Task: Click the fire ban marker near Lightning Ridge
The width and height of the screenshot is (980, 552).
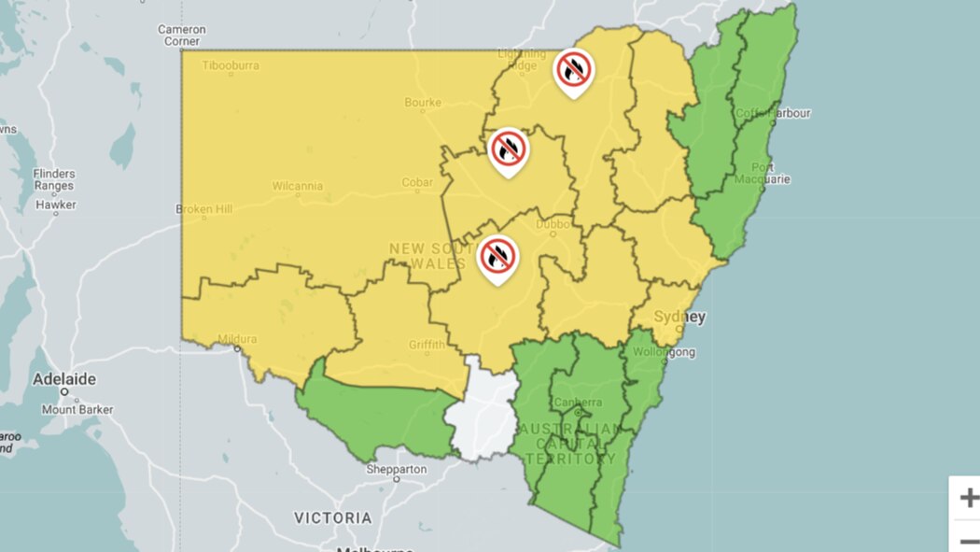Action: (573, 70)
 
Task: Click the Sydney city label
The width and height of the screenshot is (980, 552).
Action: (679, 317)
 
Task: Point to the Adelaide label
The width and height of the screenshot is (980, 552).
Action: (64, 380)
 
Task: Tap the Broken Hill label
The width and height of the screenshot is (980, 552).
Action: (204, 209)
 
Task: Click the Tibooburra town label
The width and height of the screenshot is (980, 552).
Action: (231, 66)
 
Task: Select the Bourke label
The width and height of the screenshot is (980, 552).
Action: (422, 102)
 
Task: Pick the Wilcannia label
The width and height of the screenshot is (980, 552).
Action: (298, 186)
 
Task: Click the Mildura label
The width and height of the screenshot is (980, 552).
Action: (236, 339)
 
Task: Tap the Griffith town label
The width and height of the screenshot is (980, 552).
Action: (427, 345)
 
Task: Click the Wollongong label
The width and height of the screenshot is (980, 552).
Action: (665, 352)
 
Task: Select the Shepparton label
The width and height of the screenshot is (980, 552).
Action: (397, 469)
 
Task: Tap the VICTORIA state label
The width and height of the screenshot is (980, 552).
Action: (333, 517)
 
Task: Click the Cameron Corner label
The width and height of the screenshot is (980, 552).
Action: (181, 35)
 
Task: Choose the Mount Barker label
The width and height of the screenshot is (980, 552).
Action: (77, 409)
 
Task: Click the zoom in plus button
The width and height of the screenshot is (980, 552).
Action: (968, 497)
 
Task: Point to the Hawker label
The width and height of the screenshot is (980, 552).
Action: (56, 205)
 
